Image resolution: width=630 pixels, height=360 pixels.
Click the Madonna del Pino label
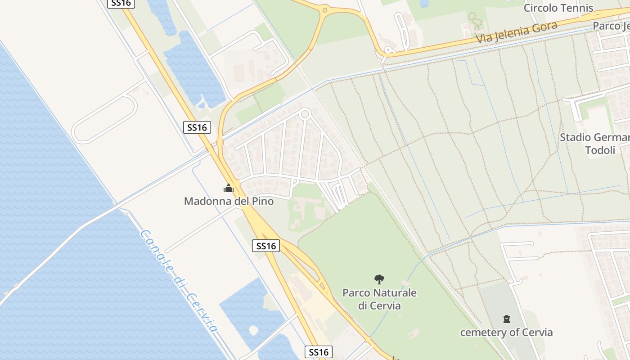229,201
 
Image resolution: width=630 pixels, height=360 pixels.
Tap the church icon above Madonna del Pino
229,188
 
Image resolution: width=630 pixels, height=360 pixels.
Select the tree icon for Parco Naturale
379,279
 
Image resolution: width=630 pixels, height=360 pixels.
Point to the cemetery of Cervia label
506,333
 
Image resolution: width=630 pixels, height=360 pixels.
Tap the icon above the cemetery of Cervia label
507,319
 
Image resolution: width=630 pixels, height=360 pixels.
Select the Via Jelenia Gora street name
517,31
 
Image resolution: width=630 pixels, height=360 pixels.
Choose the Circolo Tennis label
558,8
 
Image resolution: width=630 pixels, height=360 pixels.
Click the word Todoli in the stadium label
600,150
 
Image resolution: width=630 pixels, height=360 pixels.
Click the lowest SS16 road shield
319,352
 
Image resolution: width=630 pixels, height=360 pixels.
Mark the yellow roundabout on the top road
324,9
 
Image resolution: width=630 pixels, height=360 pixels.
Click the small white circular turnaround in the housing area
305,114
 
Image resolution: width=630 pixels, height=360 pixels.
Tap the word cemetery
481,333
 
